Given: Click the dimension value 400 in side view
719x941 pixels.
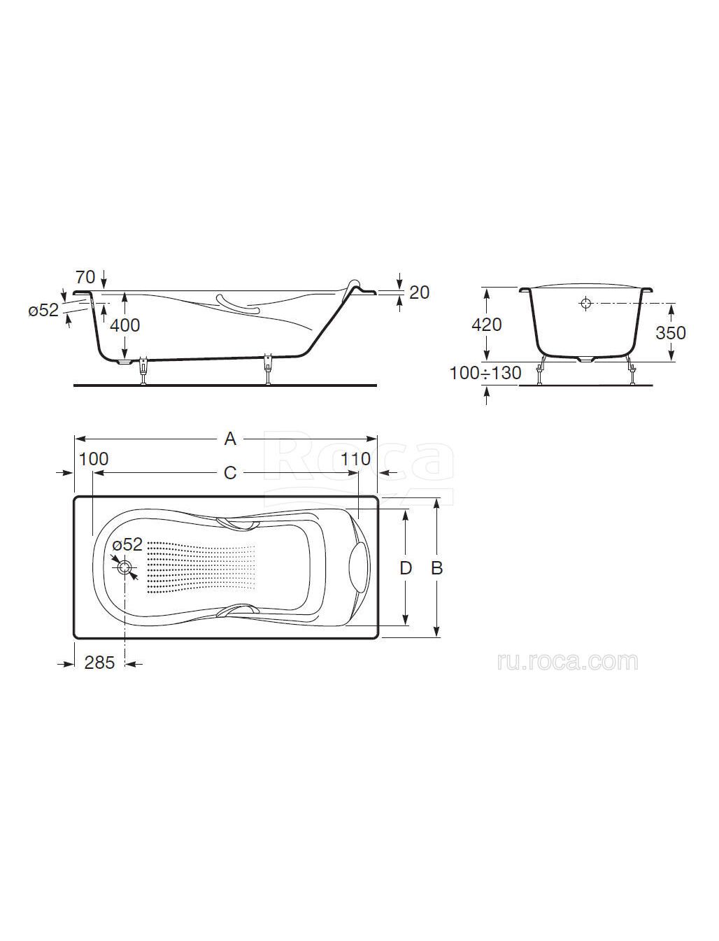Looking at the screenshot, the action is [x=124, y=326].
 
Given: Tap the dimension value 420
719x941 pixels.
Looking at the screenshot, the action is [x=486, y=325].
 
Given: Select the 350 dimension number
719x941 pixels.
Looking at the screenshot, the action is [x=671, y=333].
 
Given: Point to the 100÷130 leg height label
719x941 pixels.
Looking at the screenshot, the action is [x=485, y=374].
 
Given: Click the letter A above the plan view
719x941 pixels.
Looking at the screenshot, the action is [x=231, y=439].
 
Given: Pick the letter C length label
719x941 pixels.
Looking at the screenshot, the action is [x=231, y=472].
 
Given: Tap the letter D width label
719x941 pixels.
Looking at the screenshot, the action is [x=406, y=569].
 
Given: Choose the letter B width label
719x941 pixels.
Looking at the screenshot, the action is [x=436, y=569].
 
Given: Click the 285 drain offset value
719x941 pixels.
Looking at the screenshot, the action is [x=100, y=663].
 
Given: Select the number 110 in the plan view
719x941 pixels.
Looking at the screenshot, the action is [x=355, y=460].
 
